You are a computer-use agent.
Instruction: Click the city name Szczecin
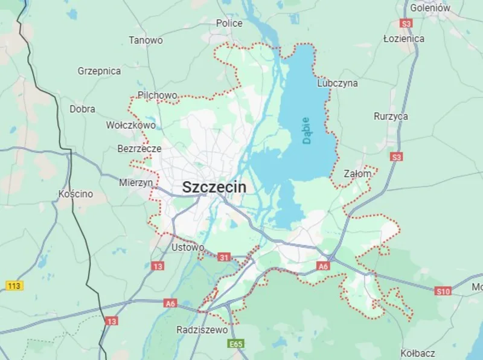[x=214, y=187]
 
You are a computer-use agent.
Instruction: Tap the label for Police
[x=229, y=24]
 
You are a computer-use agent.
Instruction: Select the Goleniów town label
[x=430, y=8]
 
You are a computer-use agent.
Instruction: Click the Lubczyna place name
[x=337, y=83]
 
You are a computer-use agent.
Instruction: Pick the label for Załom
[x=357, y=173]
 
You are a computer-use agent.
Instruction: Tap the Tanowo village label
[x=146, y=40]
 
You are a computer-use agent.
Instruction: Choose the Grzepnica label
[x=99, y=71]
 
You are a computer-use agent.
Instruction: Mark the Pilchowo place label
[x=158, y=95]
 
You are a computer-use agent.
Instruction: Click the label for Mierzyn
[x=136, y=182]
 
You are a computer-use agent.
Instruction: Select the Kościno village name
[x=76, y=194]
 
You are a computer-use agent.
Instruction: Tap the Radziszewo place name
[x=202, y=330]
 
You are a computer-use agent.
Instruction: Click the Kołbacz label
[x=418, y=352]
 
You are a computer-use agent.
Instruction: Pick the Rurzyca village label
[x=391, y=116]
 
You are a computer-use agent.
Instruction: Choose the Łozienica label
[x=404, y=39]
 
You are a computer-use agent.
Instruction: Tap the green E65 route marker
[x=237, y=344]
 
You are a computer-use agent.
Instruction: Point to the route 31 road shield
[x=224, y=257]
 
